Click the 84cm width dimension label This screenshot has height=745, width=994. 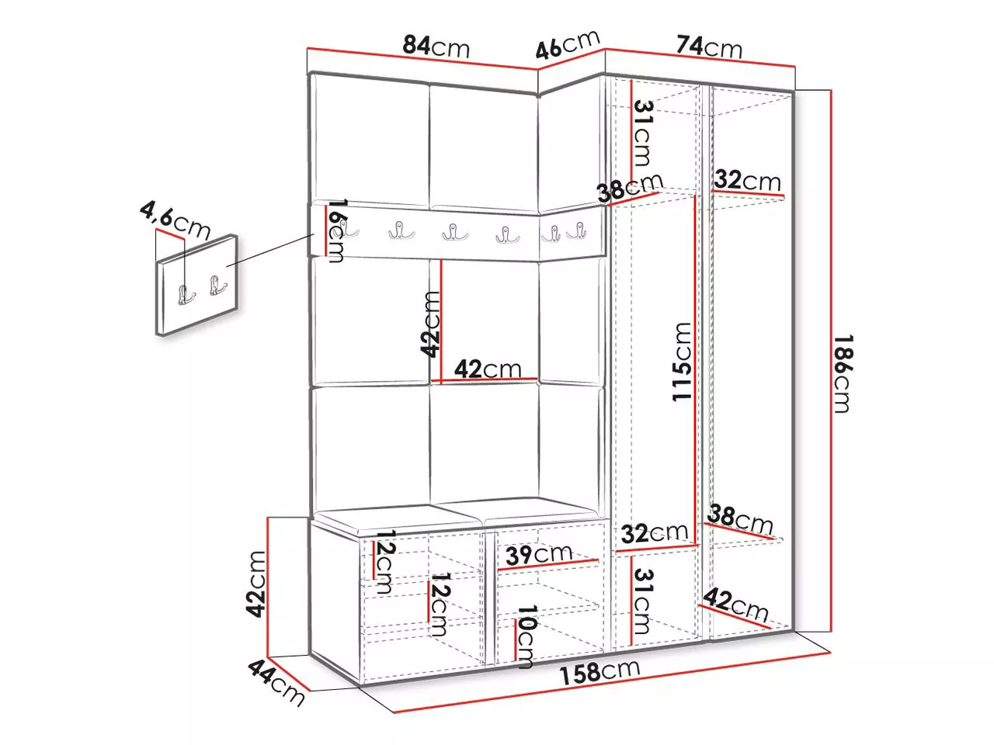436,47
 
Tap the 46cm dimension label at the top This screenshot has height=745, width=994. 568,44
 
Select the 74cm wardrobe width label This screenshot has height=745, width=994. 709,47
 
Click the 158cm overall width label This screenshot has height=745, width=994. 600,672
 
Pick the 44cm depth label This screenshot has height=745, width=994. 276,683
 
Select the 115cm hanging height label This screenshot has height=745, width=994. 682,362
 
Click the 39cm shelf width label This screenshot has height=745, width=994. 538,554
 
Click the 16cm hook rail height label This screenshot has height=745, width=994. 336,230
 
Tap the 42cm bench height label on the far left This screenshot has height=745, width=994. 255,584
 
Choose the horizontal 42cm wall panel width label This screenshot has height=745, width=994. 488,369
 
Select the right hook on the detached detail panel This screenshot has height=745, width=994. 217,285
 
